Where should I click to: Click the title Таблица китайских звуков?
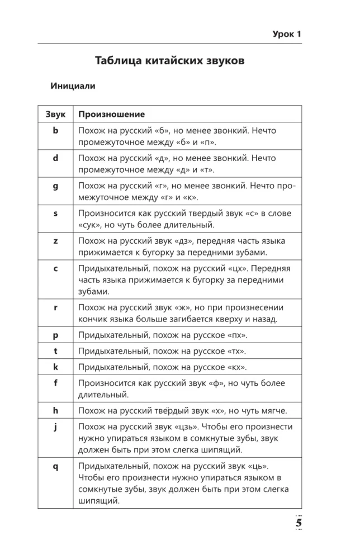pyautogui.click(x=169, y=60)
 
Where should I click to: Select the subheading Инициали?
pyautogui.click(x=73, y=86)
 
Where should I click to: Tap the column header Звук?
pyautogui.click(x=55, y=114)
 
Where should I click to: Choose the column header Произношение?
pyautogui.click(x=111, y=114)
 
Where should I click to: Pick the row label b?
pyautogui.click(x=55, y=130)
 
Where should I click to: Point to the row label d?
pyautogui.click(x=55, y=158)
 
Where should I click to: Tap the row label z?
pyautogui.click(x=55, y=241)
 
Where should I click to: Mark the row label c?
pyautogui.click(x=55, y=268)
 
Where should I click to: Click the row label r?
pyautogui.click(x=55, y=307)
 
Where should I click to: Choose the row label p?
pyautogui.click(x=55, y=335)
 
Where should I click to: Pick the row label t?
pyautogui.click(x=55, y=351)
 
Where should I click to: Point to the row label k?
pyautogui.click(x=55, y=367)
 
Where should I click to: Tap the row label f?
pyautogui.click(x=55, y=383)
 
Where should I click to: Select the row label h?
pyautogui.click(x=55, y=411)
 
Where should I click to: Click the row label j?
pyautogui.click(x=55, y=427)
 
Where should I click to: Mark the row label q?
pyautogui.click(x=55, y=466)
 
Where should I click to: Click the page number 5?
pyautogui.click(x=299, y=523)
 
